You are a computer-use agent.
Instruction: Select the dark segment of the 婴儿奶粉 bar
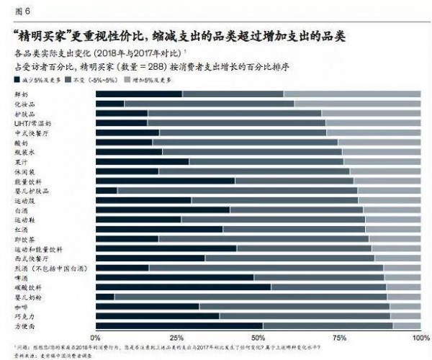pyautogui.click(x=104, y=296)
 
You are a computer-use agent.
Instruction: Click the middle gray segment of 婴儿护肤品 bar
pyautogui.click(x=237, y=190)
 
